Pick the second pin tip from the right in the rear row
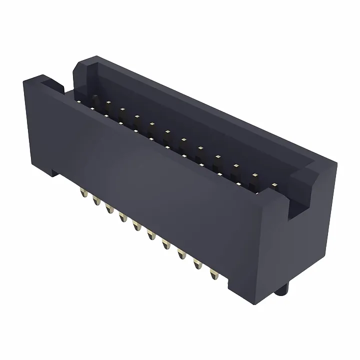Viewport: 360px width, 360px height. tap(255, 175)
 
